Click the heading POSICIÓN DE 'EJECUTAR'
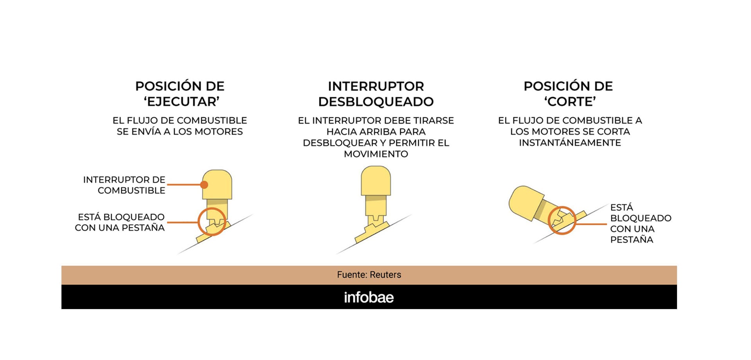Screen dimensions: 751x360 [x=180, y=94]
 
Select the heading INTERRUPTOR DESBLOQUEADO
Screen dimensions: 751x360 [x=376, y=94]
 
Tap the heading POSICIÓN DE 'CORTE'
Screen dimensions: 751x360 [x=568, y=94]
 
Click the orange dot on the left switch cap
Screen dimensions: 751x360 [x=204, y=185]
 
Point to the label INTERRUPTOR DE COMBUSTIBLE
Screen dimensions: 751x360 [x=124, y=185]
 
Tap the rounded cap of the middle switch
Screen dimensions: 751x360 [x=376, y=180]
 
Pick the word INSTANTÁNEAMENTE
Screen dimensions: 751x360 [x=570, y=143]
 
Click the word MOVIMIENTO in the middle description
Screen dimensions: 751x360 [x=376, y=154]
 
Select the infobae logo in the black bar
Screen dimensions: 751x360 [x=369, y=297]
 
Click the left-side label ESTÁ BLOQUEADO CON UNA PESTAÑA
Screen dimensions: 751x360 [x=120, y=222]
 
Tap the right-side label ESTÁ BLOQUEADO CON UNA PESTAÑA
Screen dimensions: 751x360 [x=641, y=223]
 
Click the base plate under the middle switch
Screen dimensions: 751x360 [x=372, y=233]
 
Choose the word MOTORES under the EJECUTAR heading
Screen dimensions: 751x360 [x=219, y=132]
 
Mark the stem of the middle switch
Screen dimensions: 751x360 [x=376, y=207]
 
